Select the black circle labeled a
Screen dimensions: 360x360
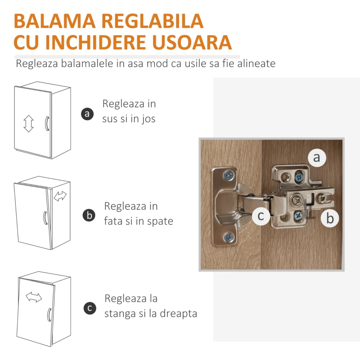[87, 113]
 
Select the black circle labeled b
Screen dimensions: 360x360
[89, 216]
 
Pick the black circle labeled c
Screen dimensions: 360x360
[90, 308]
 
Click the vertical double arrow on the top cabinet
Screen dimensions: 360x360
[29, 123]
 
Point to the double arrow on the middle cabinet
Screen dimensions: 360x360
[60, 196]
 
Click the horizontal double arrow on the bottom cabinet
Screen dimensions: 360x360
[34, 297]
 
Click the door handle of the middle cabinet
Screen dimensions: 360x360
[45, 217]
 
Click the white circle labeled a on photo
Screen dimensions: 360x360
[317, 157]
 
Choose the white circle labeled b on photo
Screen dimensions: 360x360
[330, 219]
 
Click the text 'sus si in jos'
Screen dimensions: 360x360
[129, 119]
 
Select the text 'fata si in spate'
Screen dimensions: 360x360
[139, 221]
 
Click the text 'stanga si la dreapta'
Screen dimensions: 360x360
[151, 313]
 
